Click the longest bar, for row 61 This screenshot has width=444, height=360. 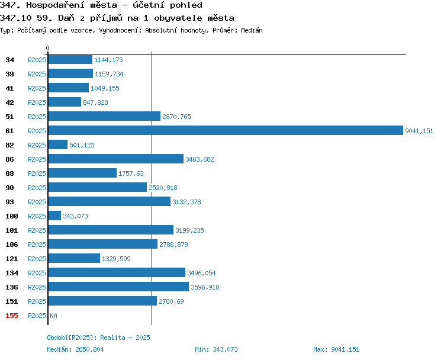[x=226, y=130]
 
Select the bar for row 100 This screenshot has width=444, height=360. [x=54, y=216]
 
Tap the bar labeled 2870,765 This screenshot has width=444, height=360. [x=104, y=116]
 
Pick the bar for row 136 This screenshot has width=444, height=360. [x=118, y=287]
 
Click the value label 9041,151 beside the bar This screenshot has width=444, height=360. [x=419, y=131]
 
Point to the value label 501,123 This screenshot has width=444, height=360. [x=82, y=145]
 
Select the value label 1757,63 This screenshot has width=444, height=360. [x=131, y=173]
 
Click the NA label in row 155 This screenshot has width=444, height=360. [x=53, y=316]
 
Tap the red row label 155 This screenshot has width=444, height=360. [x=12, y=316]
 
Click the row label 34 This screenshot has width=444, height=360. [x=9, y=60]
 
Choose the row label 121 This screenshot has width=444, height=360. [x=12, y=259]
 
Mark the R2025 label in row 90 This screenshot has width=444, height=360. [x=37, y=188]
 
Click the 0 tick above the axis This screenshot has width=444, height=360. [x=47, y=48]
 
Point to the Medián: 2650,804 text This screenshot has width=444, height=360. [x=75, y=349]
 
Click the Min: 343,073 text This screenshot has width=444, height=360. [x=216, y=349]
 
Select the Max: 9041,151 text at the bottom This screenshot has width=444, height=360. [x=336, y=349]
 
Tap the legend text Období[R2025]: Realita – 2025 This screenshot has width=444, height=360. [x=98, y=337]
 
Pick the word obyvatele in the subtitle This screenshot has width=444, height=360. [x=178, y=18]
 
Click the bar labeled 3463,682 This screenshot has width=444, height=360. [x=116, y=159]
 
